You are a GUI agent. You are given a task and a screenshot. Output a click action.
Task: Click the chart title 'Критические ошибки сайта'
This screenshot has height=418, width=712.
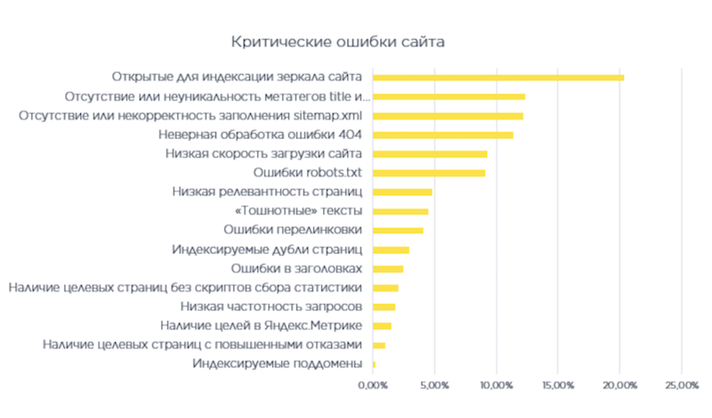[x=337, y=42]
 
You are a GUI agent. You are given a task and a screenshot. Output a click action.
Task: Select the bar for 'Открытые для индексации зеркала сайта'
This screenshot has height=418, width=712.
[x=498, y=78]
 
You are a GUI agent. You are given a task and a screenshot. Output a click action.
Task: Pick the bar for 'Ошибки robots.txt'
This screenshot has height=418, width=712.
[x=428, y=173]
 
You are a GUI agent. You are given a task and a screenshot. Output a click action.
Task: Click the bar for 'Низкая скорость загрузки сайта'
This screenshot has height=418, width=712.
[x=429, y=154]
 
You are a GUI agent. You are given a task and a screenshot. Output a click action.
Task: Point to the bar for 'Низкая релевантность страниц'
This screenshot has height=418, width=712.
[x=401, y=192]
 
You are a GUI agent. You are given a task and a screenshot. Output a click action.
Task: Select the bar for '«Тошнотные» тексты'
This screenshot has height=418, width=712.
[x=400, y=211]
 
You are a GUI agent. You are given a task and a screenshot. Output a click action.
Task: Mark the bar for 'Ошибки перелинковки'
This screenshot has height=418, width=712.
[x=398, y=231]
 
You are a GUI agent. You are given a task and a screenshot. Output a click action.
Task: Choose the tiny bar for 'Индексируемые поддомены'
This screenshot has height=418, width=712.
[x=374, y=364]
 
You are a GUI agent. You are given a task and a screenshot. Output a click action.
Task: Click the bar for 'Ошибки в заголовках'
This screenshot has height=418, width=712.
[x=387, y=268]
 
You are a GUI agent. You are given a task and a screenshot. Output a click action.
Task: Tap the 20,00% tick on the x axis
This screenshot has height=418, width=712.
[x=619, y=385]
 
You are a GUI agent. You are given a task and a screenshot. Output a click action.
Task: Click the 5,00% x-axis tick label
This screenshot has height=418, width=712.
[x=433, y=385]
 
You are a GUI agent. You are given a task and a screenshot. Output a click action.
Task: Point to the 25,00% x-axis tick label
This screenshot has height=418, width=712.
[x=681, y=385]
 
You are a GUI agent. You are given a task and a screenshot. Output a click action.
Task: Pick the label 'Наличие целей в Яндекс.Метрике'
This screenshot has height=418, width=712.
[x=261, y=325]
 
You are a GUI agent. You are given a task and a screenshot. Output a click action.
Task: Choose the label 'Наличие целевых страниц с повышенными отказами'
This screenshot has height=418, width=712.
[x=203, y=344]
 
